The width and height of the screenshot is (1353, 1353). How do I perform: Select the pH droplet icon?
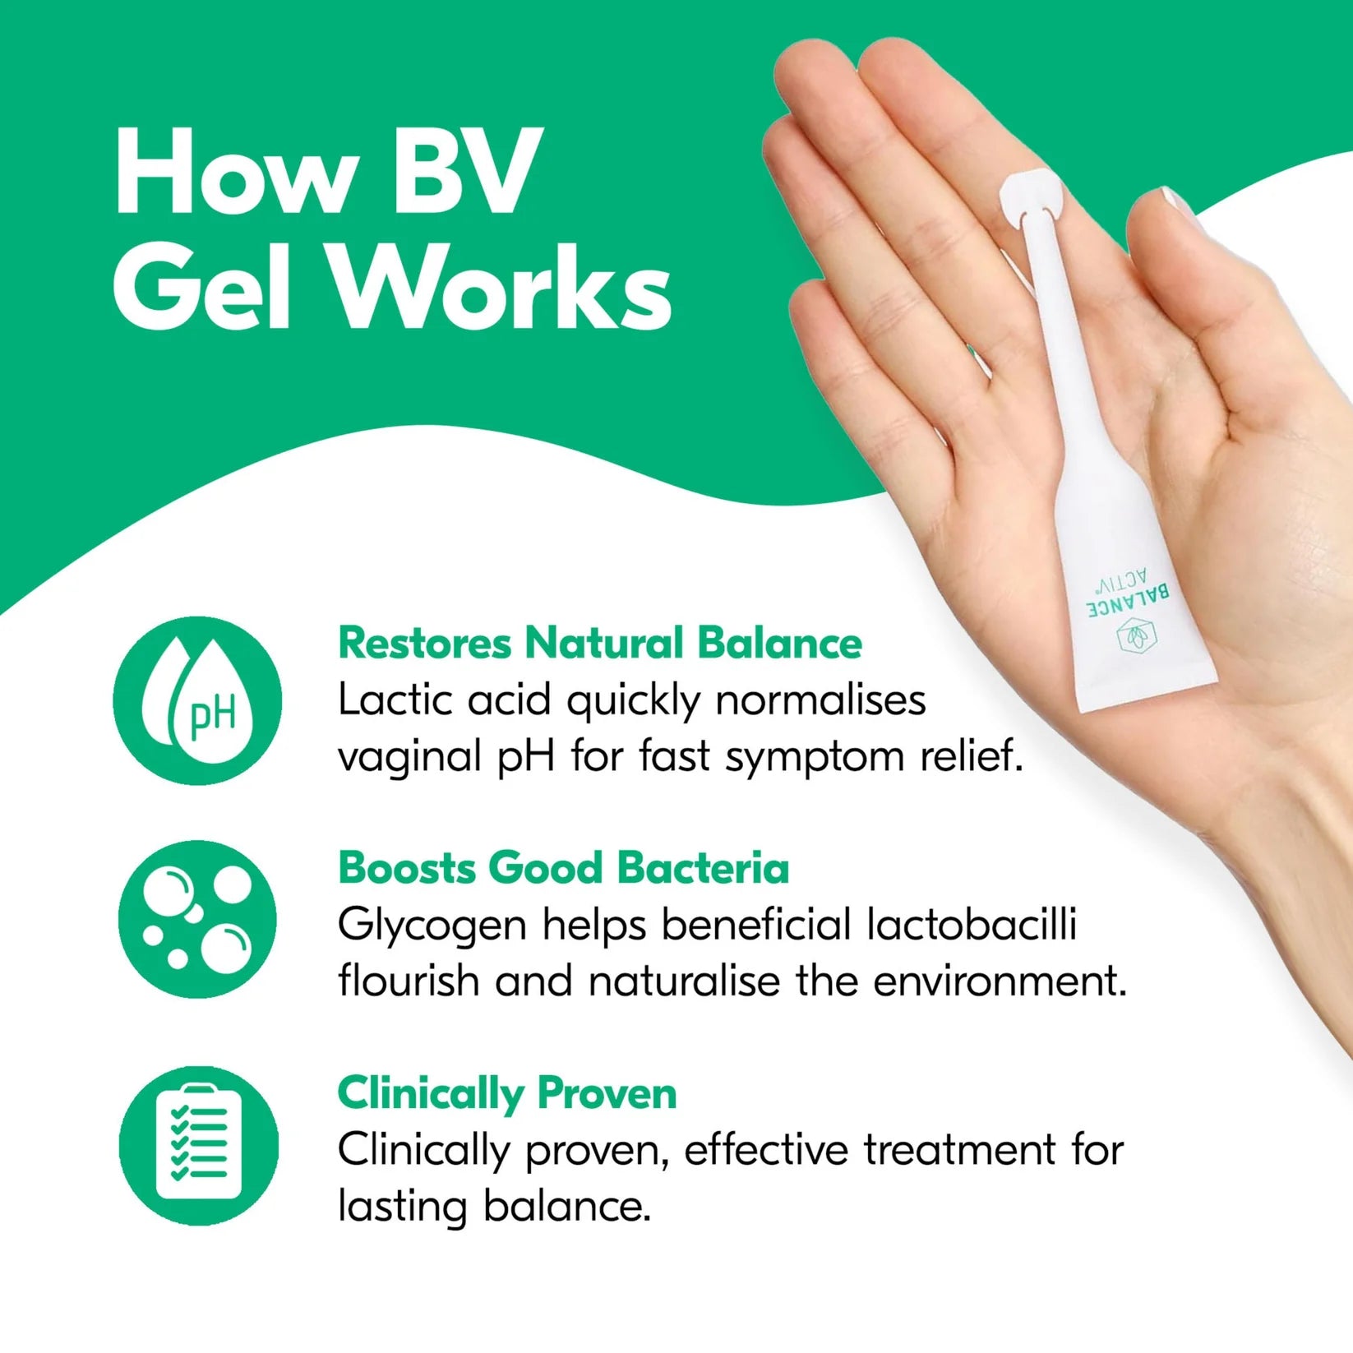(197, 701)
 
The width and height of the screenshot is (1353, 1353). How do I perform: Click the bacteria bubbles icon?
(197, 919)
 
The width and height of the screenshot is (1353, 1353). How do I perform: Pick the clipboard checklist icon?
(199, 1145)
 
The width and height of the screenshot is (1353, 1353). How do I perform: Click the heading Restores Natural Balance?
(600, 643)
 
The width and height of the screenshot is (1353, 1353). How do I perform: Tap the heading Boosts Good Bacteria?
(564, 868)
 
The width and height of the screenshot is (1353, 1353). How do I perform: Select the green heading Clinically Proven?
(507, 1094)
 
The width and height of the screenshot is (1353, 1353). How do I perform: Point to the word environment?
(1000, 981)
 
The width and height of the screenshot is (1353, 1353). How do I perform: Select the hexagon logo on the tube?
(1137, 637)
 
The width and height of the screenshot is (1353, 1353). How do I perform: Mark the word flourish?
(409, 981)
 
